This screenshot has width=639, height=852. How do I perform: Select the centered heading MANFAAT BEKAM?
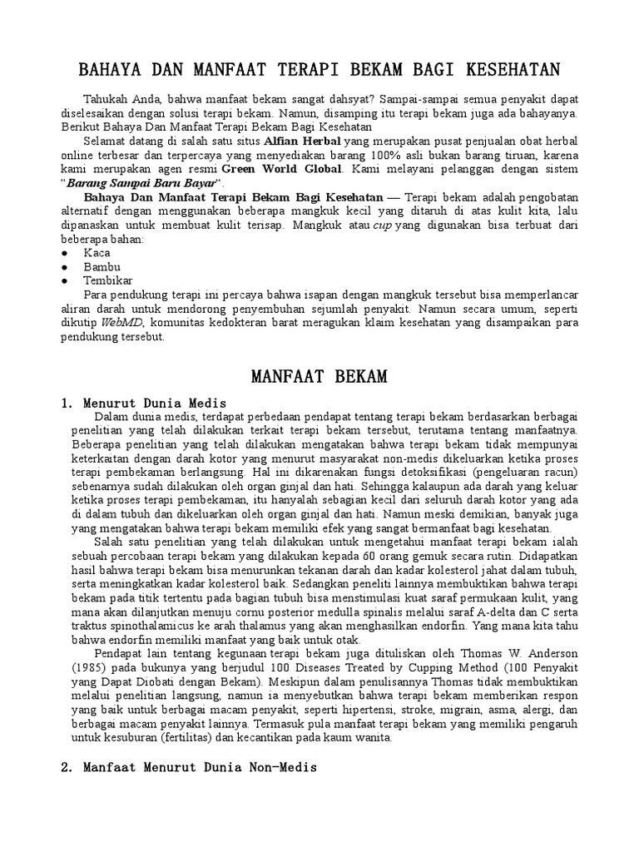[x=319, y=377]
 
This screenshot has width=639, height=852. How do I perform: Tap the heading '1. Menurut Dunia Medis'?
[x=136, y=403]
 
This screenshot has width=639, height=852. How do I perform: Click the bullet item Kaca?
[x=96, y=252]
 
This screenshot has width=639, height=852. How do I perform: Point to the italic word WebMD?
[x=119, y=324]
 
